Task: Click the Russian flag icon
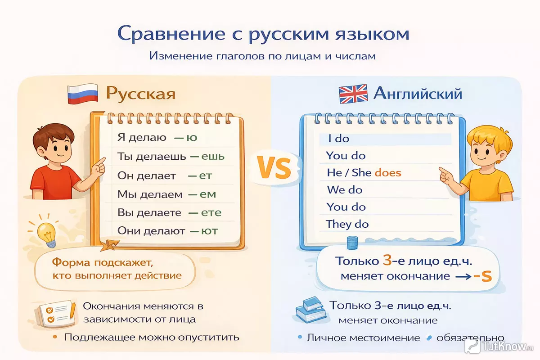click(83, 94)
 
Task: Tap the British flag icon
click(353, 94)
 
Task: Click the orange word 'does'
click(388, 173)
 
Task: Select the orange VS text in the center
click(274, 167)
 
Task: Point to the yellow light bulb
click(47, 234)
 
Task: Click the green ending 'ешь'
click(213, 157)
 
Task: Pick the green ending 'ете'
click(211, 213)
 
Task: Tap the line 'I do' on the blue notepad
click(339, 139)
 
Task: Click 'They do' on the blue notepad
click(347, 224)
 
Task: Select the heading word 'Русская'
click(140, 94)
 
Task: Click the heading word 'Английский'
click(418, 94)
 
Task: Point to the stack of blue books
click(311, 310)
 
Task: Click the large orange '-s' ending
click(482, 276)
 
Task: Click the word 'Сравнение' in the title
click(171, 34)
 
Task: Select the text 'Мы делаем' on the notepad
click(150, 194)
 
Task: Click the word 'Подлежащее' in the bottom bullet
click(100, 337)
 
